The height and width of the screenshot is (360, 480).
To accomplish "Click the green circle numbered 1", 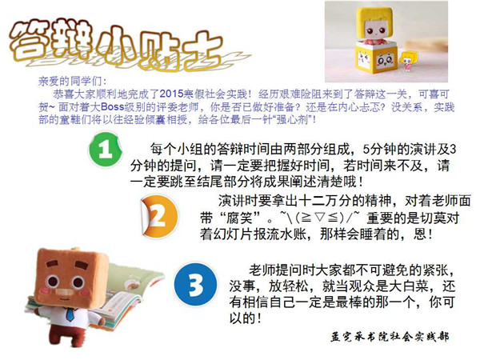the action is pos(105,150).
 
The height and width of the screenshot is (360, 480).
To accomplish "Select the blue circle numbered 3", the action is pos(195,286).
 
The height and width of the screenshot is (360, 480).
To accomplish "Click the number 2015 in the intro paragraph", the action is pos(171,94).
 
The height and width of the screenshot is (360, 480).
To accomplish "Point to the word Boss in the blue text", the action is pos(112,107).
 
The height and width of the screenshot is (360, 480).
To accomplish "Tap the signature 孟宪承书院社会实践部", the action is pos(390,337).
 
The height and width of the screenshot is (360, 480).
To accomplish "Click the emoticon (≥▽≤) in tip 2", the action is pos(320,218).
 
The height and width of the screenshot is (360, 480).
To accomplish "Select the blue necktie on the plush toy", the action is pos(70,314).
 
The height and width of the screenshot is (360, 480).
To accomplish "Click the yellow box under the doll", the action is pos(376,57).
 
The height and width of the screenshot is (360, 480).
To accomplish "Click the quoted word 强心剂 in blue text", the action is pos(292,119).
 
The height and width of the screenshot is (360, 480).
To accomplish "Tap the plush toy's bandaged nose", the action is pos(62,292).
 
